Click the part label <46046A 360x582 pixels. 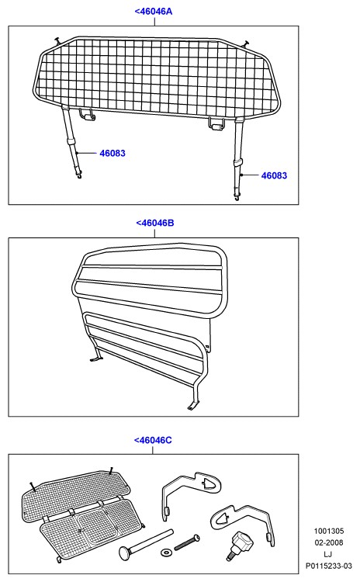[154, 12]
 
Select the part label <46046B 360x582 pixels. [154, 223]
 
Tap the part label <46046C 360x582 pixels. [153, 440]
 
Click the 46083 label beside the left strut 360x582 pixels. [112, 154]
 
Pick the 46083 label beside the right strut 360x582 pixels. [275, 175]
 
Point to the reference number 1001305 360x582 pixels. [329, 531]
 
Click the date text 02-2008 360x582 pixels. [329, 542]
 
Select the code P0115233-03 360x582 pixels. [329, 566]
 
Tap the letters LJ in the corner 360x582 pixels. [328, 554]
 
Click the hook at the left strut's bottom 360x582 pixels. [78, 176]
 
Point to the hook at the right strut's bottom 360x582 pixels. [237, 198]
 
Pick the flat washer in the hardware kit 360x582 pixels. [166, 553]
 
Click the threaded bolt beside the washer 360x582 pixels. [187, 542]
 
